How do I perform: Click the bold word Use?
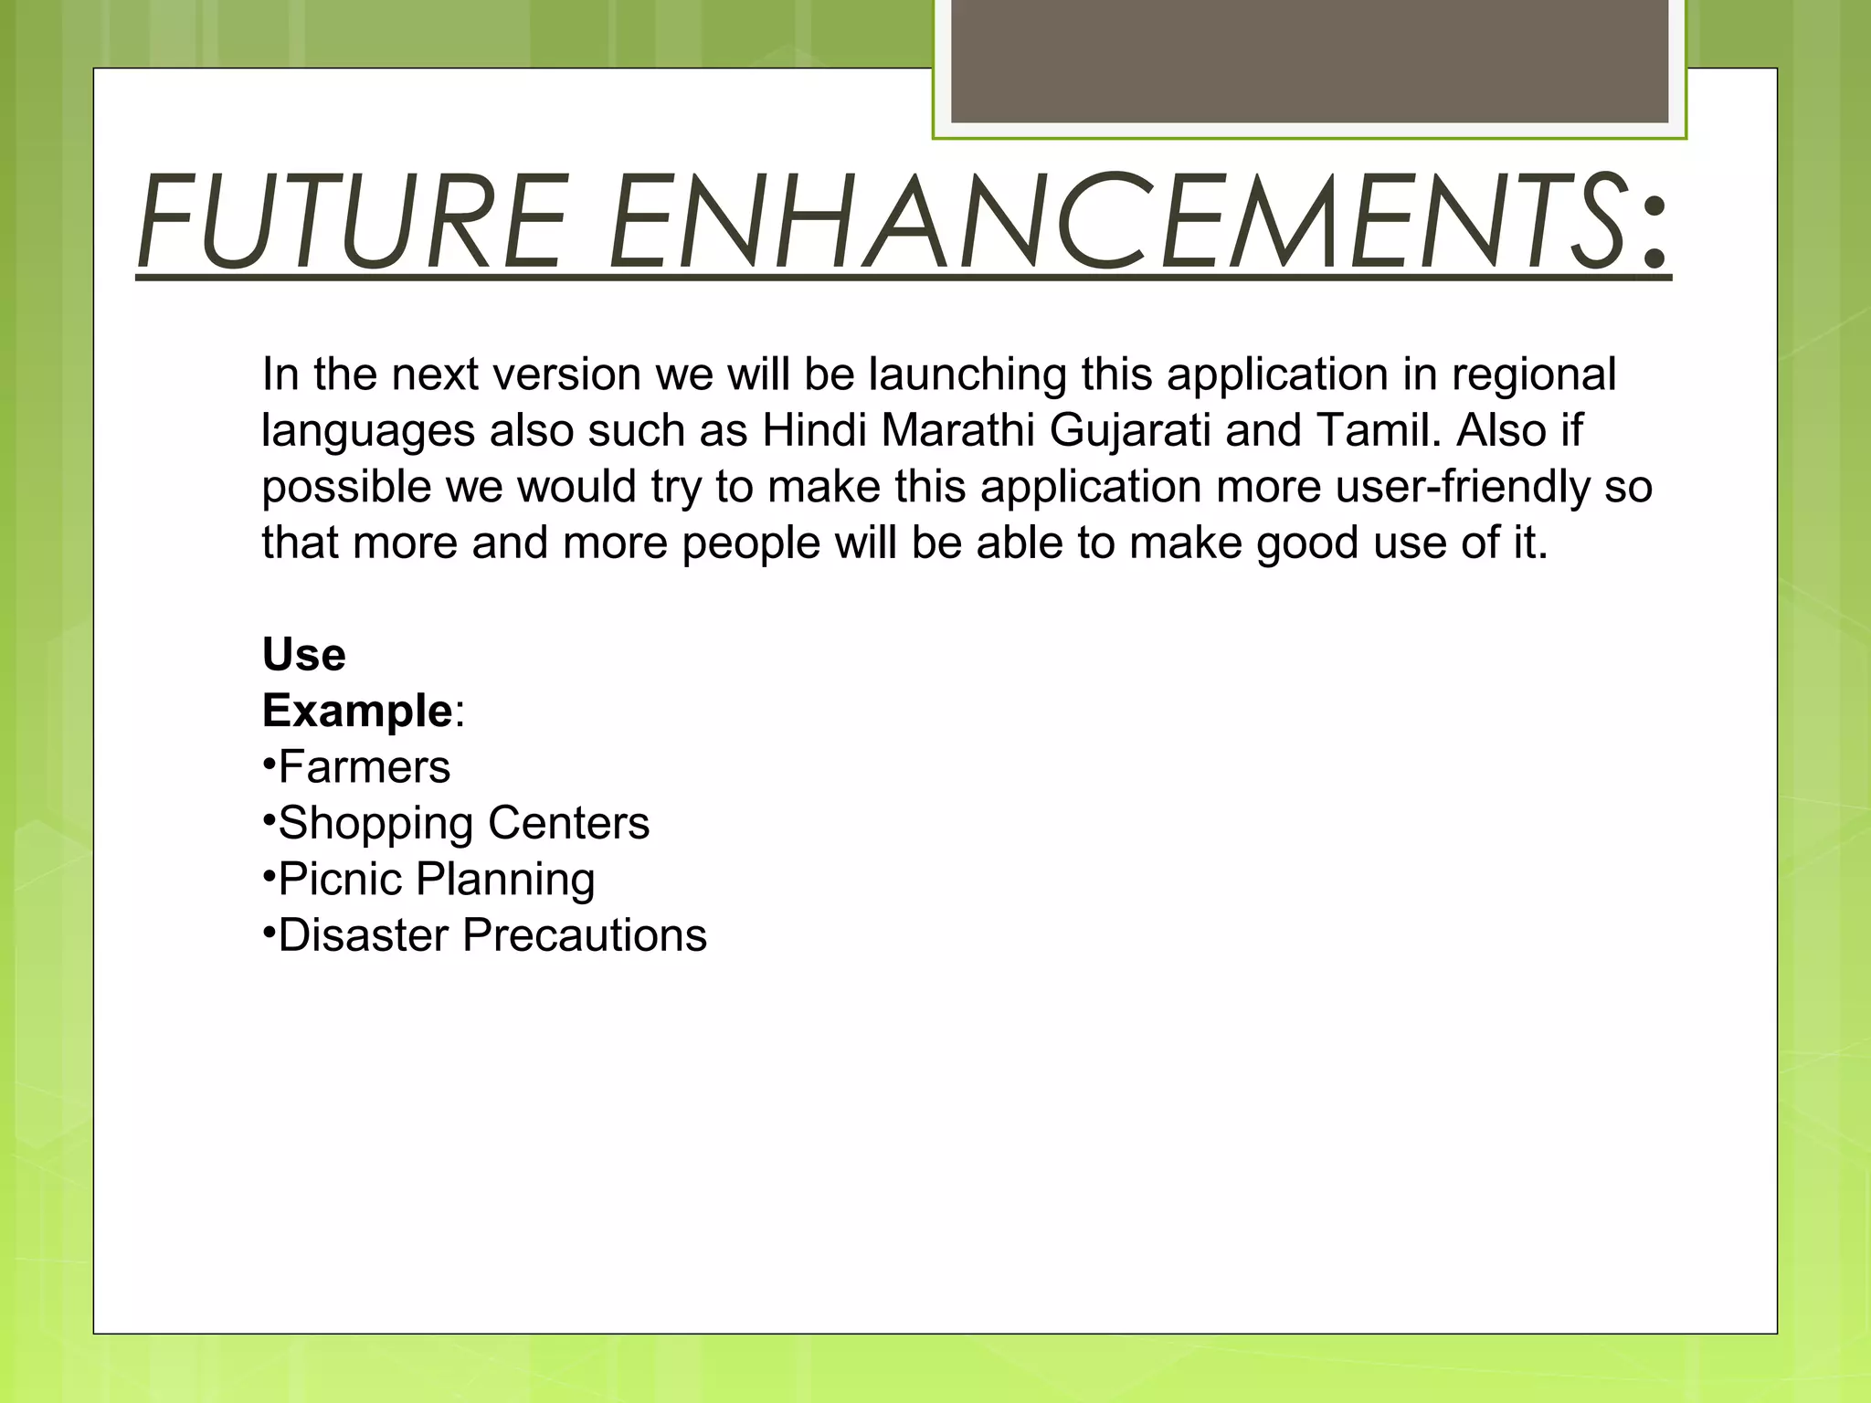pos(304,655)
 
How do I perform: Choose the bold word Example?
pos(357,712)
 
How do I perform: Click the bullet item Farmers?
pos(364,767)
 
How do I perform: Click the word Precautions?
pos(585,935)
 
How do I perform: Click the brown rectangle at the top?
pos(1309,60)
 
